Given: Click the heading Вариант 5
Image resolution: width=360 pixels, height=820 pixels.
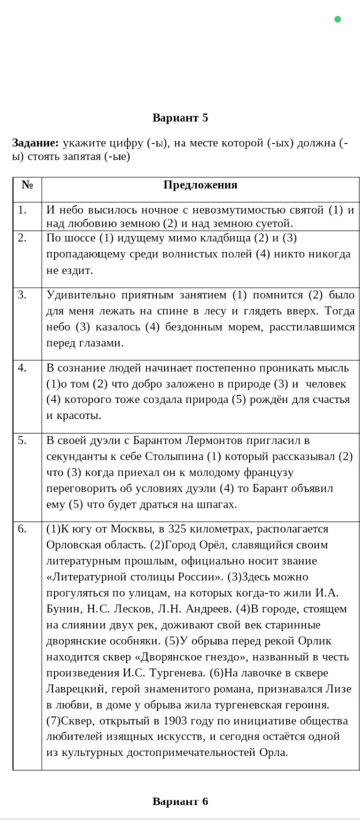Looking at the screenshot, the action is pyautogui.click(x=180, y=117).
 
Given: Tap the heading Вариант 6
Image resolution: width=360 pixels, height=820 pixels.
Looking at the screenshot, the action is pyautogui.click(x=180, y=801).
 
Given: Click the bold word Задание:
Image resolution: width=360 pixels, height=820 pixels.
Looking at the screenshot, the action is pyautogui.click(x=35, y=143).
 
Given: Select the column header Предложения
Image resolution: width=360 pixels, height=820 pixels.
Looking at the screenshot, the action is pyautogui.click(x=200, y=185).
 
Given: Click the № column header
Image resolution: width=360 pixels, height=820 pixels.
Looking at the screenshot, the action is pyautogui.click(x=27, y=185).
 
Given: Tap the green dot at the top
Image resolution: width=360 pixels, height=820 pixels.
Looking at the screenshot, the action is pyautogui.click(x=338, y=20).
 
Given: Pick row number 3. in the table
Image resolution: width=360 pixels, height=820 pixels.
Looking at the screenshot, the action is pyautogui.click(x=22, y=295).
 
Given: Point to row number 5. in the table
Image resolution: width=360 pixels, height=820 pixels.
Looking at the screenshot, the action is pyautogui.click(x=22, y=440).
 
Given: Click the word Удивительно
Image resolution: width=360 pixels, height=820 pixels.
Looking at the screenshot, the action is pyautogui.click(x=77, y=295).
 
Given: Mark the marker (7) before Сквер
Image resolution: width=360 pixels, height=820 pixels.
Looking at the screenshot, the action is pyautogui.click(x=54, y=721).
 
